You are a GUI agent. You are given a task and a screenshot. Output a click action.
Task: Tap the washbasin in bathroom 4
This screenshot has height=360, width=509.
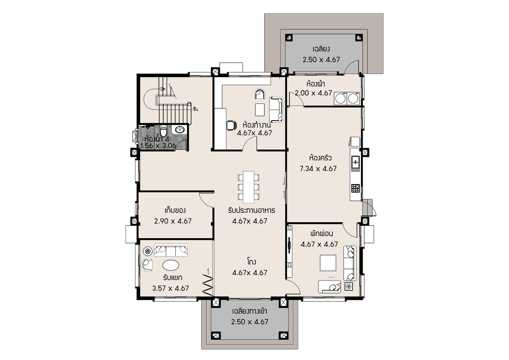[x=180, y=130]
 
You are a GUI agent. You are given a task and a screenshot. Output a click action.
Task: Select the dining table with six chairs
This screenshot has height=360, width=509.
[x=249, y=187]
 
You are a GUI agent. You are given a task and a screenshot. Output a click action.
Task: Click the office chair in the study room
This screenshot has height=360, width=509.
[x=231, y=125]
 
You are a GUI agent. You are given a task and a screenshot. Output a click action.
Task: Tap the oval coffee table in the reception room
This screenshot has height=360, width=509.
[x=171, y=265]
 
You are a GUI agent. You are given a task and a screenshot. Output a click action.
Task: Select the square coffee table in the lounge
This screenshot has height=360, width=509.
[x=328, y=263]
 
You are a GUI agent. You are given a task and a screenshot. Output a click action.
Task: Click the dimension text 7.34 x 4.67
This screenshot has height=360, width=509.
[x=318, y=169]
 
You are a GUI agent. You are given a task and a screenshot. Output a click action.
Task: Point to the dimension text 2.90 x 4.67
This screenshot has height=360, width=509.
[x=173, y=221]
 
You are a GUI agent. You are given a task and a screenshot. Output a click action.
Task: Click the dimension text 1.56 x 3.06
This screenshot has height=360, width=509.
[x=158, y=146]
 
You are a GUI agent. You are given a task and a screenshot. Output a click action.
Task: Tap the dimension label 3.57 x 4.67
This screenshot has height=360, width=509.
[x=171, y=288]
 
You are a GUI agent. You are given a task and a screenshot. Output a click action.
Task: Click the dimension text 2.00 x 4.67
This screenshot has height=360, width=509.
[x=313, y=93]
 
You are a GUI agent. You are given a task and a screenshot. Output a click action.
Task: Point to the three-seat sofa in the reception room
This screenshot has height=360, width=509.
[x=171, y=250]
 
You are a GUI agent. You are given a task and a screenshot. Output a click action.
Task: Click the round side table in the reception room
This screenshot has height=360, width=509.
[x=148, y=251]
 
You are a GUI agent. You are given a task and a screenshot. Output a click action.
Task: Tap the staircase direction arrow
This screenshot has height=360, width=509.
[x=163, y=89]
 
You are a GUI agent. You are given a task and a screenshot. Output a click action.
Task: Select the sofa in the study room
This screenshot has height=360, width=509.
[x=276, y=110]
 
